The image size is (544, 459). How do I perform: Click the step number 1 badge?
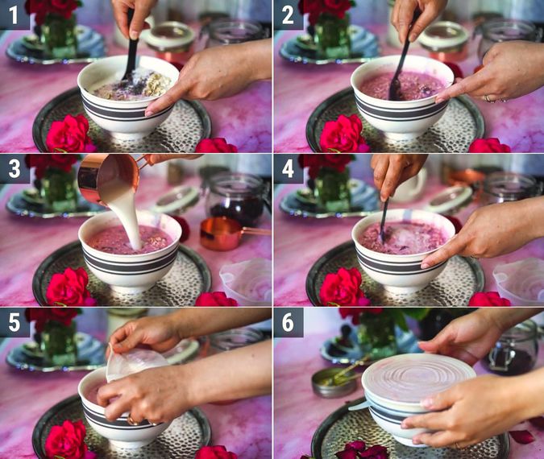(x=15, y=14)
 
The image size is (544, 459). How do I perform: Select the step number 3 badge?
(x=15, y=168)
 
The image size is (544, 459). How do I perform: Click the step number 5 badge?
(x=15, y=321)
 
